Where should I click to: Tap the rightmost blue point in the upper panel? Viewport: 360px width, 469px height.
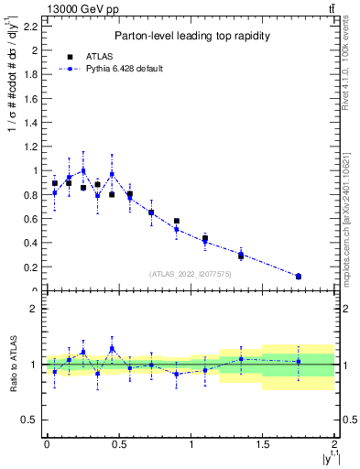[x=299, y=276]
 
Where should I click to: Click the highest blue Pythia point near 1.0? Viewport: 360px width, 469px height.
[x=83, y=170]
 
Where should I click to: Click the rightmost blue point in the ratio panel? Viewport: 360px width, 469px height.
[x=299, y=362]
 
